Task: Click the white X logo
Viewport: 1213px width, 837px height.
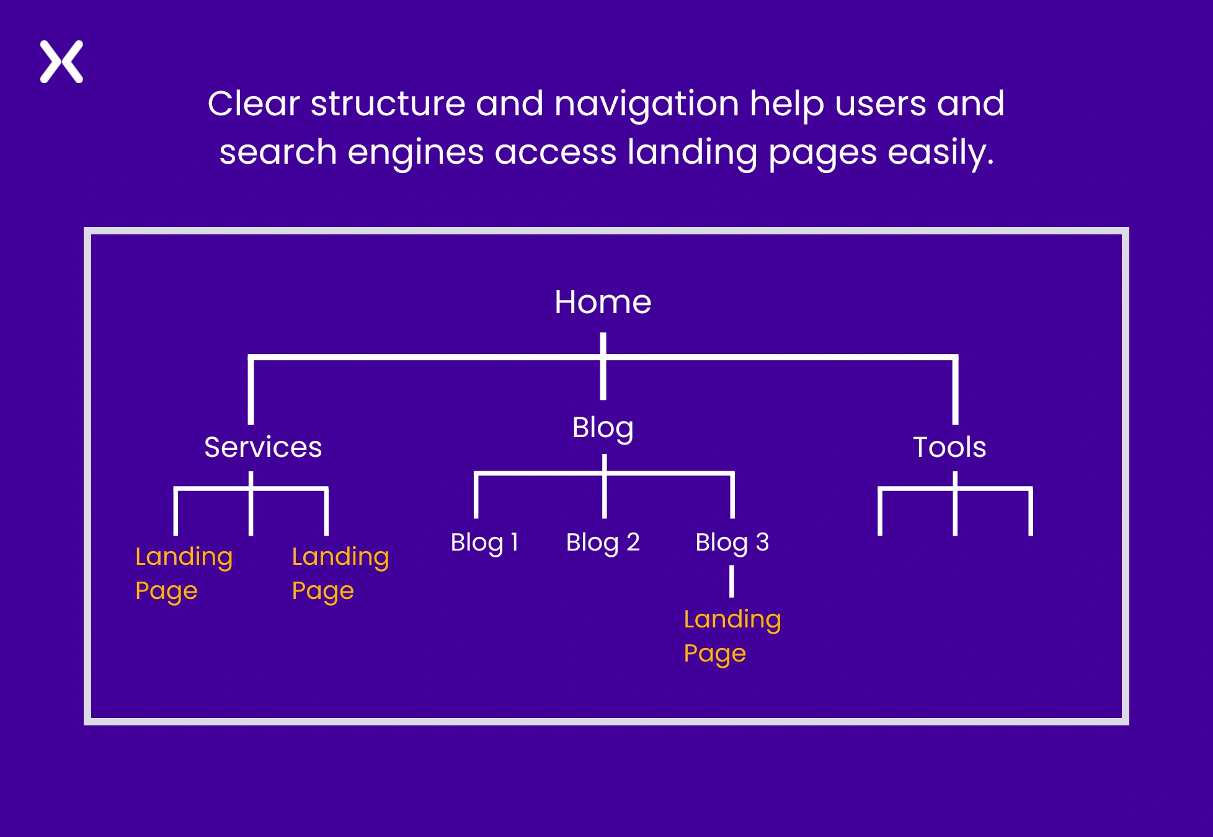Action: pyautogui.click(x=61, y=62)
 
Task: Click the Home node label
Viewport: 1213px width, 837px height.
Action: pyautogui.click(x=603, y=303)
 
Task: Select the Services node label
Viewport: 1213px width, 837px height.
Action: pyautogui.click(x=263, y=447)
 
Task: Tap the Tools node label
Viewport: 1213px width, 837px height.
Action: pyautogui.click(x=949, y=447)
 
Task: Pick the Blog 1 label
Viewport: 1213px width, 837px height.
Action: pyautogui.click(x=484, y=542)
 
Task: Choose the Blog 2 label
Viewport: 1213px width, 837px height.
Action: pyautogui.click(x=603, y=542)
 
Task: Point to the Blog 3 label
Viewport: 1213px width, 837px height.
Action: pyautogui.click(x=732, y=542)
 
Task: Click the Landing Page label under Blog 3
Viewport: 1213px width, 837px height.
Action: pyautogui.click(x=732, y=635)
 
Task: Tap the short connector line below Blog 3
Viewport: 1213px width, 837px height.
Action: pyautogui.click(x=732, y=581)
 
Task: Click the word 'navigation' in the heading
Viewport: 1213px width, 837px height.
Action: pyautogui.click(x=647, y=104)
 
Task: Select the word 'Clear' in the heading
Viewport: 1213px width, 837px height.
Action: pyautogui.click(x=254, y=104)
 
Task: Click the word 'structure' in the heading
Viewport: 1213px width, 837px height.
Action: pyautogui.click(x=388, y=104)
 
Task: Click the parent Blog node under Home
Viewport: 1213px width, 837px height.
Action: pyautogui.click(x=603, y=428)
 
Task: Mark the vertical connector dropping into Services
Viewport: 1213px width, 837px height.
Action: pyautogui.click(x=251, y=391)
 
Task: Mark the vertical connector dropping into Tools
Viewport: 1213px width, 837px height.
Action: pyautogui.click(x=955, y=391)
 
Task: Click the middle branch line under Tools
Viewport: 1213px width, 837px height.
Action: pyautogui.click(x=955, y=511)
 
